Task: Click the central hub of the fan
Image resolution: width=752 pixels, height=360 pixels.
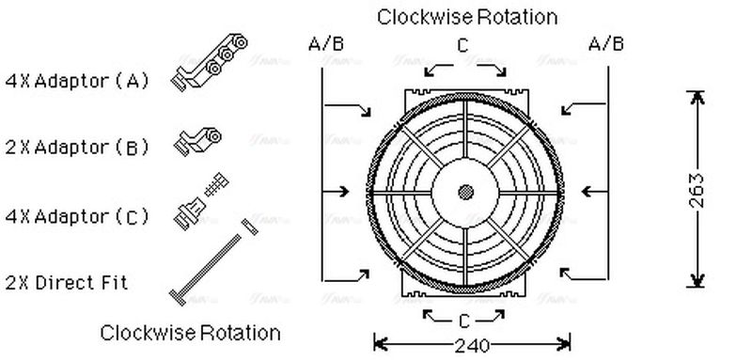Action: tap(465, 192)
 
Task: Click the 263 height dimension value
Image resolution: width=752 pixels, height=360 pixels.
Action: tap(695, 191)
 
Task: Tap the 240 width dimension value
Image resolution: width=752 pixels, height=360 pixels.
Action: tap(472, 345)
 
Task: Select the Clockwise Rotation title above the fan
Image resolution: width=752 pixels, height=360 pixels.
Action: tap(467, 16)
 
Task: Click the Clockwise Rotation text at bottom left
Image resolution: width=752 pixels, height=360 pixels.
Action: tap(190, 333)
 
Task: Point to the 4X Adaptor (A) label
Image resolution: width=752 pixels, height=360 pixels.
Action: tap(77, 81)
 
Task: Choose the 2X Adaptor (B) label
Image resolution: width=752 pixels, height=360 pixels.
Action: tap(77, 148)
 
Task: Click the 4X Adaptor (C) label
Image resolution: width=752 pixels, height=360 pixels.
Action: tap(77, 217)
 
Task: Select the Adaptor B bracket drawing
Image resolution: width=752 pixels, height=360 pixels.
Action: tap(199, 142)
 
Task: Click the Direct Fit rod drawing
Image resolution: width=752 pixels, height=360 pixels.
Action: tap(212, 262)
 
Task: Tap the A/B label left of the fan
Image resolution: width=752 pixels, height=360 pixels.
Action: tap(325, 43)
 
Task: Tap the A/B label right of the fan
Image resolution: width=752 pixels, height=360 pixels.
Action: tap(606, 43)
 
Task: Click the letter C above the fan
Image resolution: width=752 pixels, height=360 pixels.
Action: tap(462, 45)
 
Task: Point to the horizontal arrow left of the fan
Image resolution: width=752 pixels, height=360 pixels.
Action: tap(336, 192)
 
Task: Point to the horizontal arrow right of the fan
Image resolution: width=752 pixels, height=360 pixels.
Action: tap(594, 192)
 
